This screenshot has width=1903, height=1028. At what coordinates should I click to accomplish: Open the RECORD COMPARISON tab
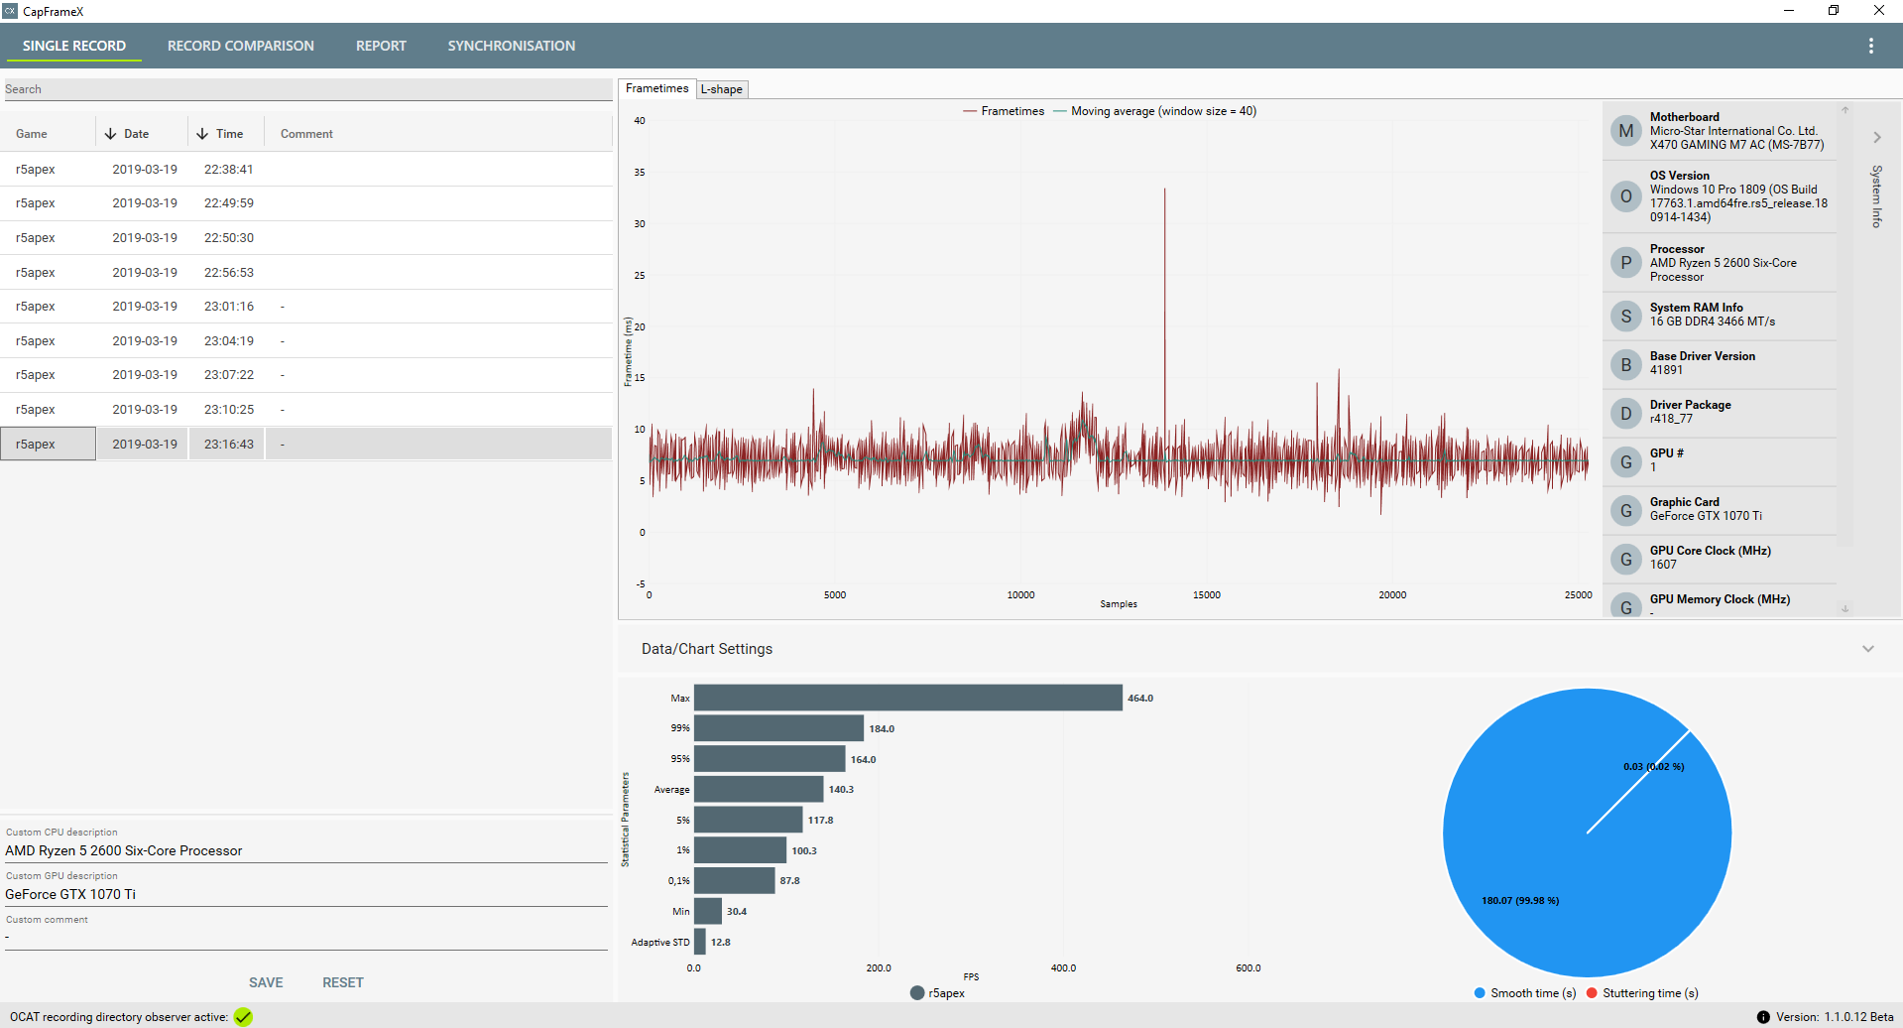click(x=240, y=46)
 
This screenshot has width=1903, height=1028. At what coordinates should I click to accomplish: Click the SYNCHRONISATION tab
click(x=511, y=46)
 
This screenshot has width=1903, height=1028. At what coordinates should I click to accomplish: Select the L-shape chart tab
click(x=722, y=89)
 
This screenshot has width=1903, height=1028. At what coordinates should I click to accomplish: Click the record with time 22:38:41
click(x=228, y=170)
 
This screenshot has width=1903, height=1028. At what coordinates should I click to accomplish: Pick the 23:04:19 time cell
click(x=228, y=341)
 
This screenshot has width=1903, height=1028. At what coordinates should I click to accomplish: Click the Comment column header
click(x=306, y=134)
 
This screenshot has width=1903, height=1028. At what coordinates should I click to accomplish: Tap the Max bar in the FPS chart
click(x=907, y=698)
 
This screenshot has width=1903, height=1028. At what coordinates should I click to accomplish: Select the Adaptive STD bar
click(x=700, y=942)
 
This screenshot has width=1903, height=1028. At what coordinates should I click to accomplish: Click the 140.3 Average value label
click(x=841, y=790)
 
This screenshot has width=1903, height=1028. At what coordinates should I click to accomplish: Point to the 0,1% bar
click(x=734, y=880)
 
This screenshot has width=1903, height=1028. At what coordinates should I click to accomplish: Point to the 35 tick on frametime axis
click(x=640, y=173)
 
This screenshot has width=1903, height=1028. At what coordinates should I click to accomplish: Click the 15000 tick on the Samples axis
click(x=1206, y=595)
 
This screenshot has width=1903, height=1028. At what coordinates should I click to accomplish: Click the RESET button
click(x=342, y=982)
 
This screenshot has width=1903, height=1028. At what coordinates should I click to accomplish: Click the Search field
click(x=307, y=89)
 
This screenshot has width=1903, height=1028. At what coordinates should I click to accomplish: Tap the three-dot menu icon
click(x=1870, y=46)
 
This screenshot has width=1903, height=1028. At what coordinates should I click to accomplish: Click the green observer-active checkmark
click(x=243, y=1017)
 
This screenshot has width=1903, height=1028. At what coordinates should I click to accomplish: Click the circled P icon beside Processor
click(x=1625, y=263)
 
